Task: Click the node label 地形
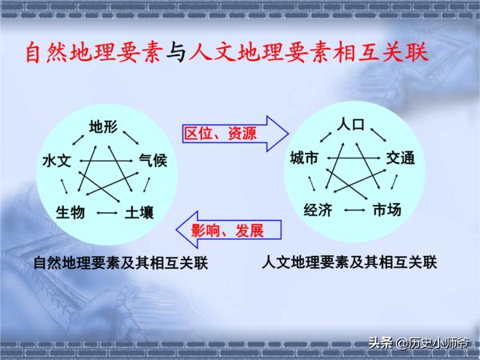click(103, 126)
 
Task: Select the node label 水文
click(58, 161)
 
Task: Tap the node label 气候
click(153, 161)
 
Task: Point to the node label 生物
click(70, 212)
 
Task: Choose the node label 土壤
click(139, 212)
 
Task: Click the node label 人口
click(351, 125)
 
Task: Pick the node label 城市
click(304, 158)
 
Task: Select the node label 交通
click(400, 158)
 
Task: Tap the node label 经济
click(318, 210)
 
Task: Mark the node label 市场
click(387, 210)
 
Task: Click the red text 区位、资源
click(220, 134)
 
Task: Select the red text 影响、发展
click(227, 230)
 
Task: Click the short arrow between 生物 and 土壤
click(107, 213)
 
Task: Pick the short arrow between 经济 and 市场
click(354, 210)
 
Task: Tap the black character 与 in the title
click(176, 52)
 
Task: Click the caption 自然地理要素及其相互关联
click(121, 262)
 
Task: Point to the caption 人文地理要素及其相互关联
click(350, 262)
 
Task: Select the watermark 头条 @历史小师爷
click(418, 343)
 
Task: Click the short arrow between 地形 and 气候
click(130, 138)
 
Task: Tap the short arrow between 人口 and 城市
click(326, 137)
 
